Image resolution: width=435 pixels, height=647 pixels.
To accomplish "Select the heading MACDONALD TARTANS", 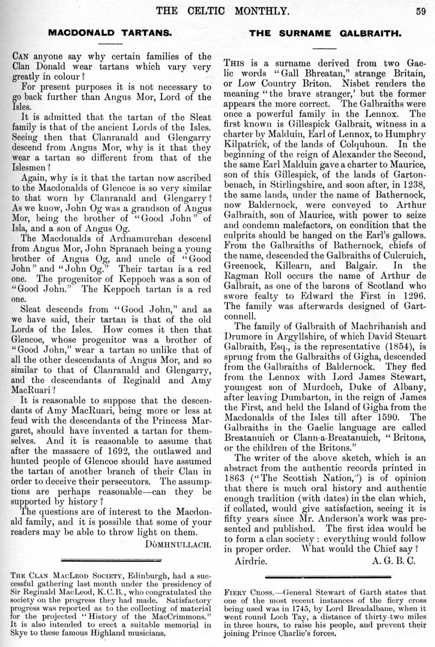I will coord(110,33).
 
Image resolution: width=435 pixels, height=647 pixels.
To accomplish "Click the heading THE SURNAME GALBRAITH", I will coord(325,33).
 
